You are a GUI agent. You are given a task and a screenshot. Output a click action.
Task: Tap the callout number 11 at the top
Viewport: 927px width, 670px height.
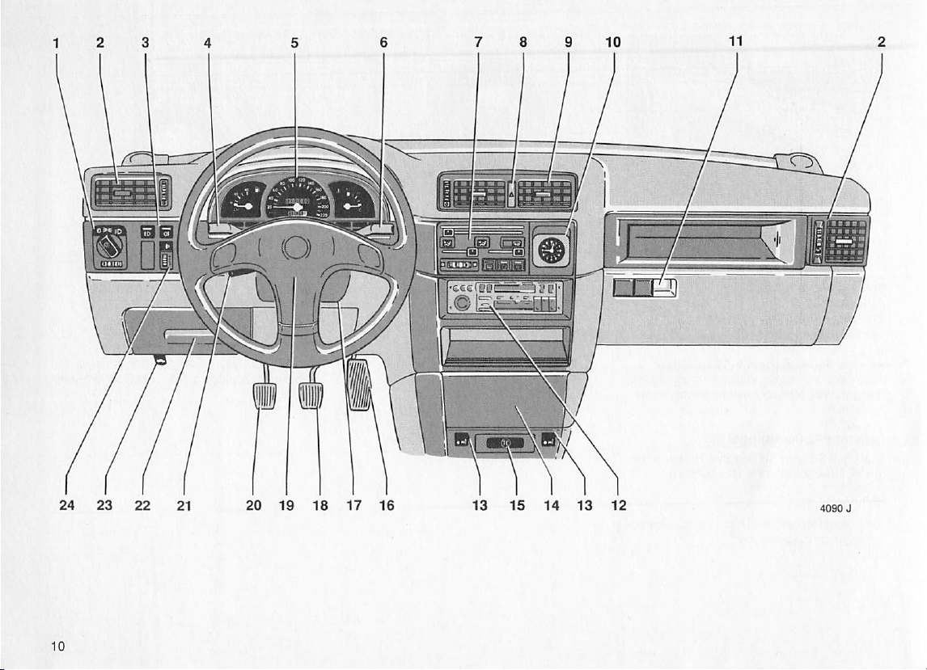tap(736, 43)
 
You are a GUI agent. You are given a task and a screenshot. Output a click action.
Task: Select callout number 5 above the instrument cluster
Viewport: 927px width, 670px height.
tap(295, 44)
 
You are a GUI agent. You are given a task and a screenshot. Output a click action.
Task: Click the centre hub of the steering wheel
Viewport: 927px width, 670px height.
tap(297, 247)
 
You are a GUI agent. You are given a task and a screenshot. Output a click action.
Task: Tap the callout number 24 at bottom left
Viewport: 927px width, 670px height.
tap(68, 506)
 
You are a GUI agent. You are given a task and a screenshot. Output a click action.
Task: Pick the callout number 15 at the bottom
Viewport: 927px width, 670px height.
tap(518, 506)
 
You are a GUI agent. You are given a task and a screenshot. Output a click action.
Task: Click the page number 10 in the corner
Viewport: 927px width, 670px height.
tap(57, 645)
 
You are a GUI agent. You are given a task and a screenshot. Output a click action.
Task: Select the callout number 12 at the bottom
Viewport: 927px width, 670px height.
tap(619, 506)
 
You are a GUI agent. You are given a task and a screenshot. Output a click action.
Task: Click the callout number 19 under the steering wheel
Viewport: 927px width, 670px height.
tap(286, 506)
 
